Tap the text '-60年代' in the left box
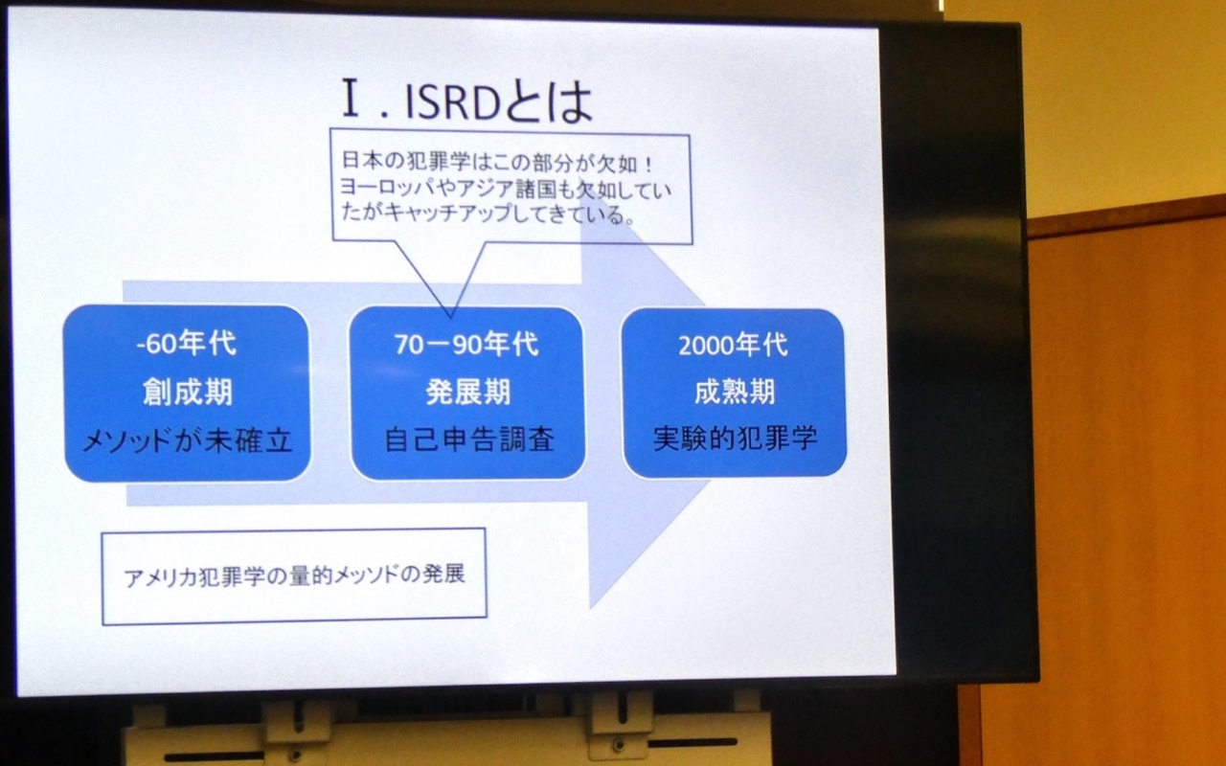click(x=186, y=344)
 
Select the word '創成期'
click(x=188, y=392)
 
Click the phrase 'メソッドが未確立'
click(x=187, y=440)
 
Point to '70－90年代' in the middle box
click(x=466, y=345)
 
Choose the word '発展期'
click(x=468, y=392)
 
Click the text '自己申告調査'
click(x=469, y=439)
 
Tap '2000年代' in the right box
click(x=733, y=346)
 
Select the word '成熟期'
click(x=735, y=392)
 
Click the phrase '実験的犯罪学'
click(x=735, y=439)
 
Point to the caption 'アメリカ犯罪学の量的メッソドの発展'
click(x=294, y=576)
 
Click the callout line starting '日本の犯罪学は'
click(x=497, y=162)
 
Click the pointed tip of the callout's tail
click(x=450, y=318)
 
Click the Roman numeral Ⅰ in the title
click(x=351, y=99)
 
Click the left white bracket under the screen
click(x=296, y=722)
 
